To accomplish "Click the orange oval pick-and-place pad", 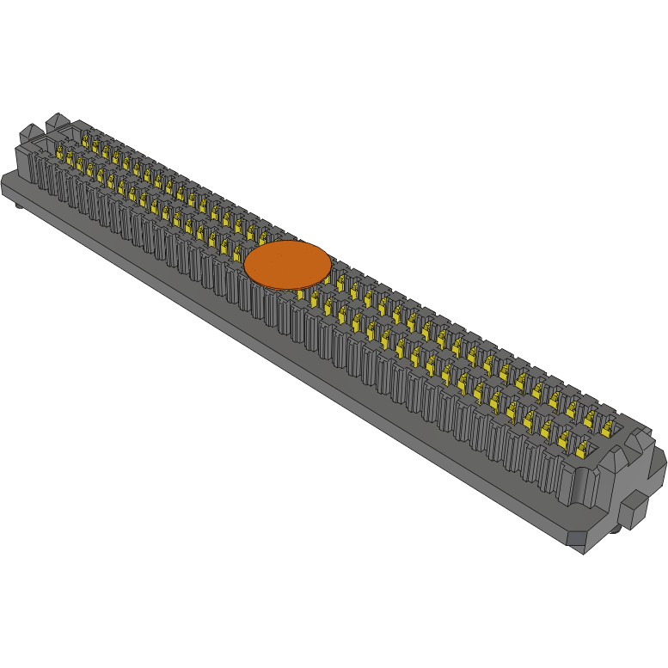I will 287,265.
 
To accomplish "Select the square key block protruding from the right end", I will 632,509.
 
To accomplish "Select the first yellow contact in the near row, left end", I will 61,154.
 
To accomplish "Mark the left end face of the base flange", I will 8,186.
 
